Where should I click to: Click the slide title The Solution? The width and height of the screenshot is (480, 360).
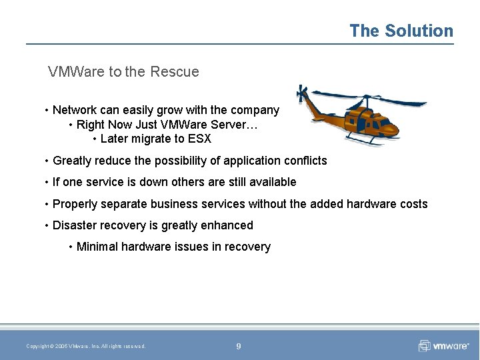(x=401, y=31)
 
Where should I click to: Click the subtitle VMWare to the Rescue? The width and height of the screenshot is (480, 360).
(x=123, y=71)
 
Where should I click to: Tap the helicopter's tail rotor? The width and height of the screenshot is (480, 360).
(x=302, y=93)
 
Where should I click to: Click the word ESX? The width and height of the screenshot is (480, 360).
(x=199, y=139)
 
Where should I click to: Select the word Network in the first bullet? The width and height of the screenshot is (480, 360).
(x=75, y=110)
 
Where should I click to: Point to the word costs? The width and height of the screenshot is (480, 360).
(x=413, y=204)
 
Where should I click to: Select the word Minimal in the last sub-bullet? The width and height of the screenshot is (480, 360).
(x=97, y=247)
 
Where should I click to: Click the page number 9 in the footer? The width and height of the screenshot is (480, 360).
(x=239, y=346)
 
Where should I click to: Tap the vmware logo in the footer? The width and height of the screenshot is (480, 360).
(x=443, y=345)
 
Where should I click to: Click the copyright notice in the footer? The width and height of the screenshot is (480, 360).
(x=86, y=346)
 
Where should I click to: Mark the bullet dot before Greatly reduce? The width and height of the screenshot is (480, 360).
(x=46, y=161)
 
